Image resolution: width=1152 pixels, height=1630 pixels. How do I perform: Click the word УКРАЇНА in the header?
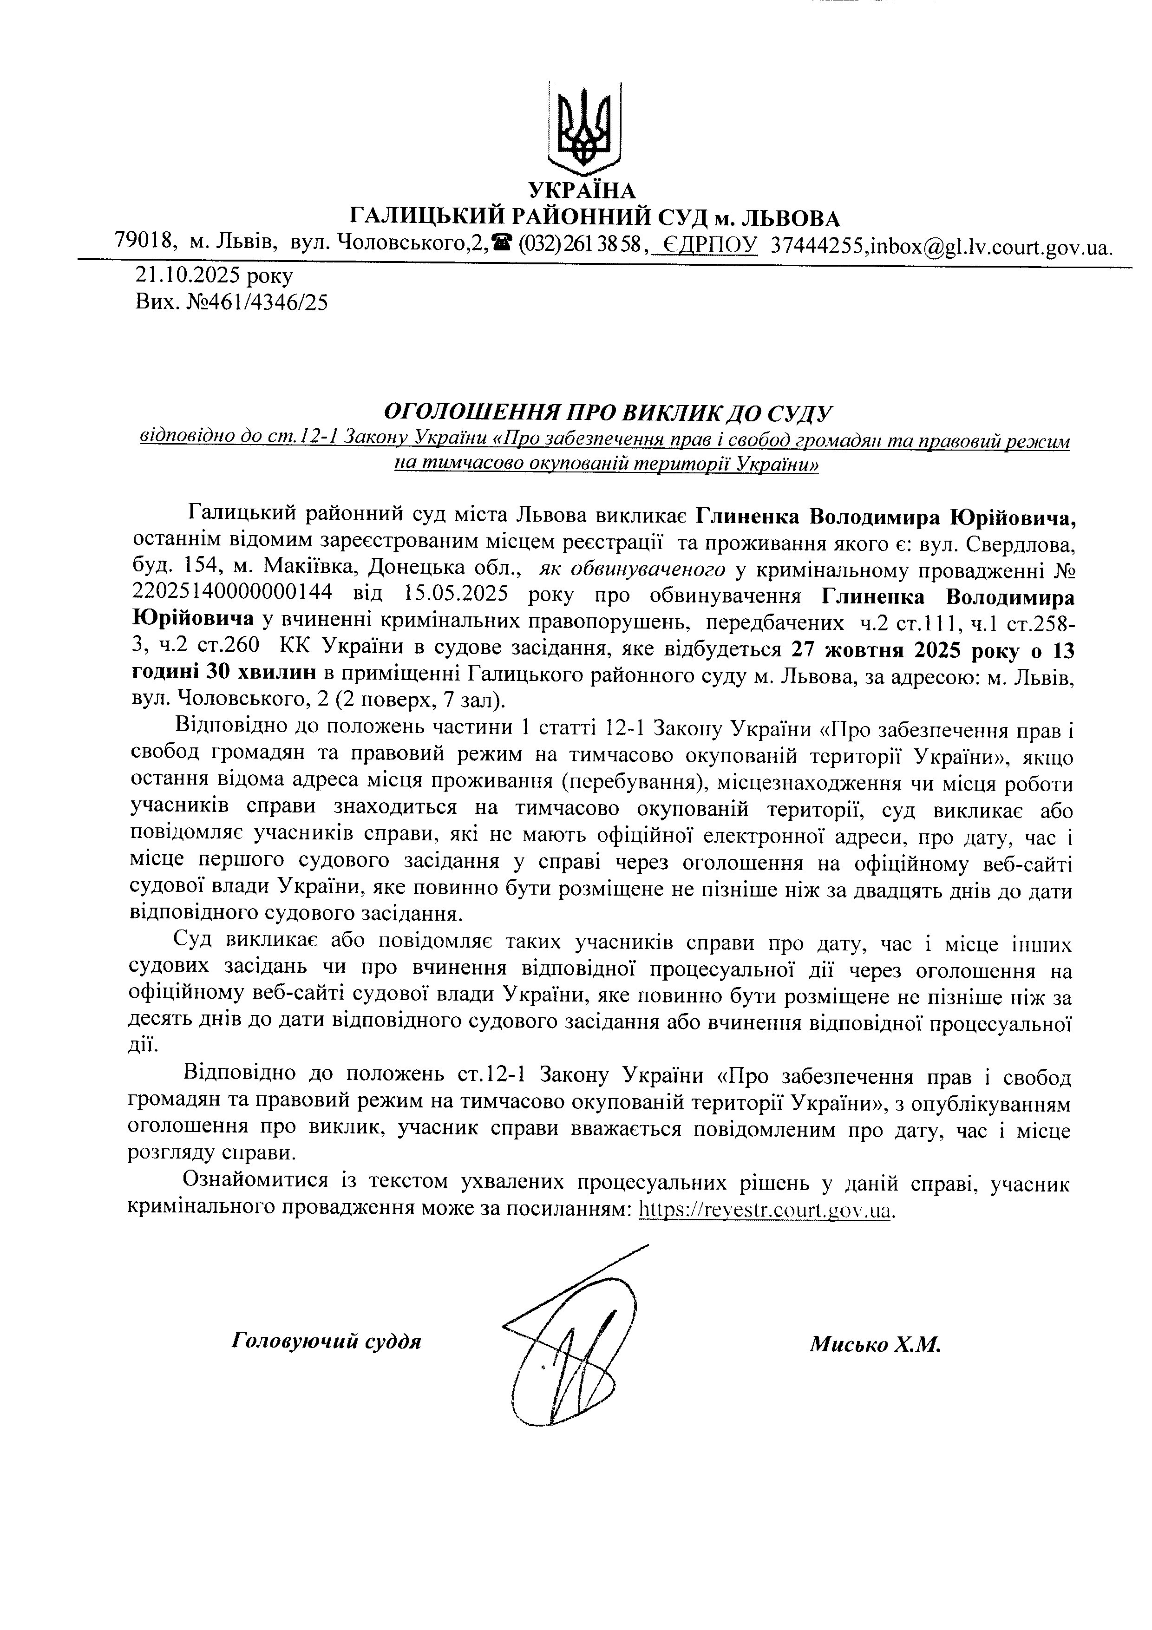[583, 190]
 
